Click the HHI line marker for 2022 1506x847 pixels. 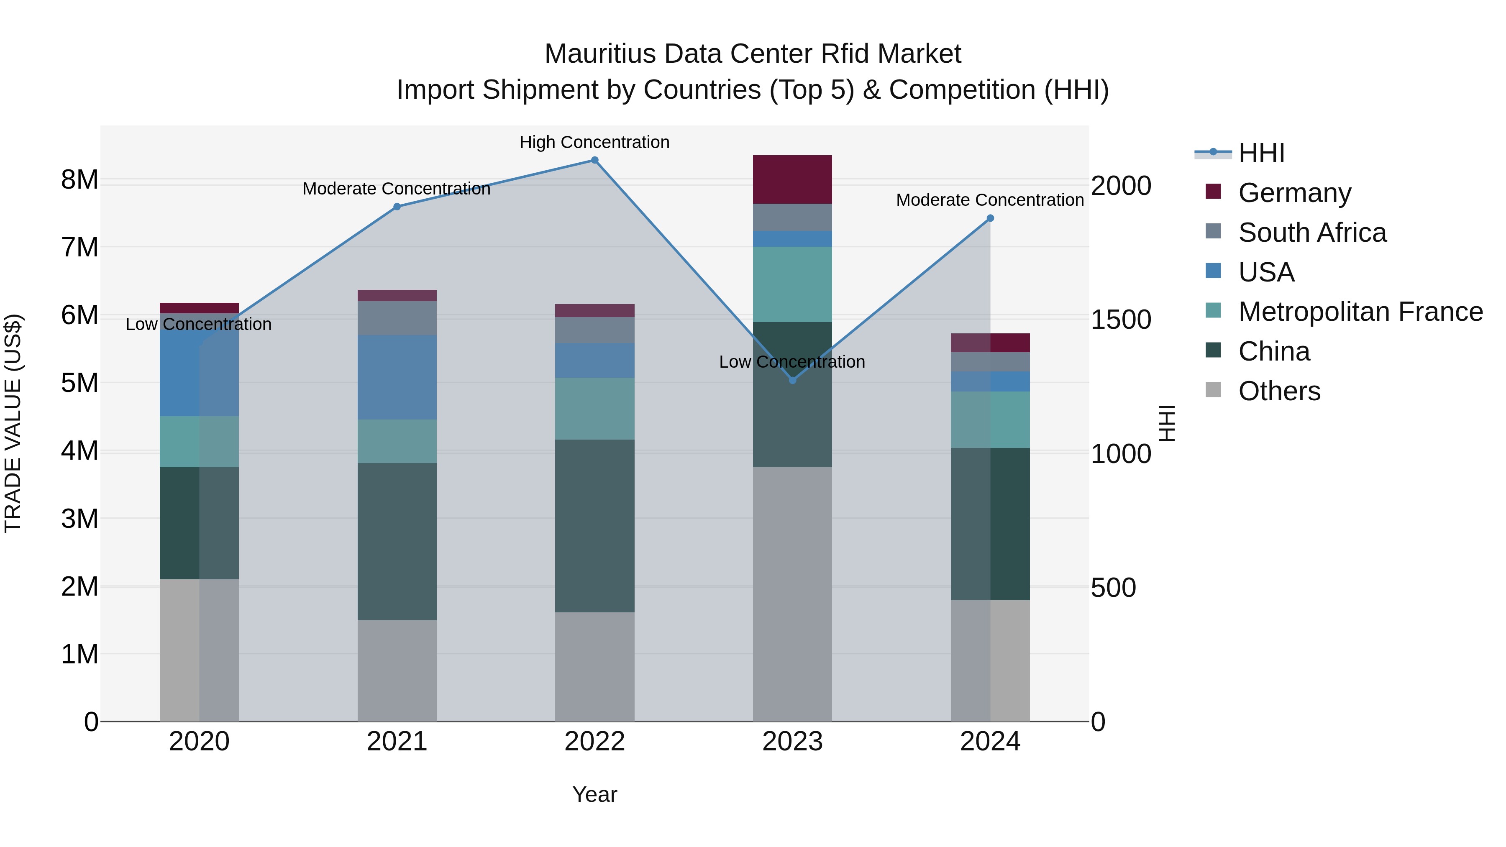[x=594, y=160]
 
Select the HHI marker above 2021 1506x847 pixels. [x=397, y=206]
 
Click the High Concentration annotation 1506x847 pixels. [x=594, y=142]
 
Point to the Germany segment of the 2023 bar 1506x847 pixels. [x=792, y=179]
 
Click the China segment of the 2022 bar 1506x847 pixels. [x=594, y=526]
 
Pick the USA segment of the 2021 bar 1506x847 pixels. [x=397, y=377]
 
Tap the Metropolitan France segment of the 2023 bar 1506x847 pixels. [x=792, y=284]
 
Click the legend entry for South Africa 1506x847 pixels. [x=1312, y=233]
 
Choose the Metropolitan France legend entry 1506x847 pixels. [x=1360, y=312]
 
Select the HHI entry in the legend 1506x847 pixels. [x=1261, y=153]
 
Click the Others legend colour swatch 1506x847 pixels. [x=1213, y=390]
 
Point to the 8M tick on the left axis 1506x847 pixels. [x=79, y=179]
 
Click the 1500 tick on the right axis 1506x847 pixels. [x=1121, y=320]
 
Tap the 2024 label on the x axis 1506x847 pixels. [x=990, y=742]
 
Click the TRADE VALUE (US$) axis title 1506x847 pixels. [x=13, y=423]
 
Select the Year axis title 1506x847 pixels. [x=594, y=794]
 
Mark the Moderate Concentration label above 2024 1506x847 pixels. [x=990, y=200]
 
